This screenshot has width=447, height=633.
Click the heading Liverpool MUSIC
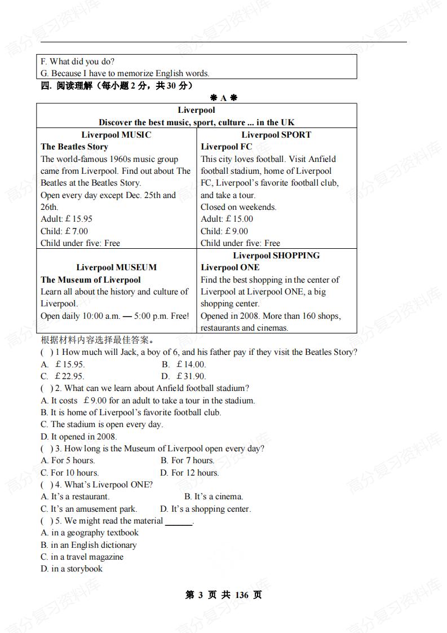pos(116,135)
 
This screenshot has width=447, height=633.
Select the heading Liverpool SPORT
pos(276,135)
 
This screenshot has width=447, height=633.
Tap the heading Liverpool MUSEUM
pos(116,267)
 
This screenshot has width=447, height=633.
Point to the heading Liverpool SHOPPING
pos(276,256)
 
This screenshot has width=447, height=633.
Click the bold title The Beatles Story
pos(74,147)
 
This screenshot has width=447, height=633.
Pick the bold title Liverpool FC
pos(227,147)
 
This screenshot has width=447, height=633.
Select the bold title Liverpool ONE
pos(230,267)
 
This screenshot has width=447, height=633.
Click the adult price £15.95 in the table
pos(79,219)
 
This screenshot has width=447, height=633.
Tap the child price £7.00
pos(77,231)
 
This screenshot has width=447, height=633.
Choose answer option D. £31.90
pos(184,376)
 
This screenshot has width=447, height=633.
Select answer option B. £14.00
pos(184,364)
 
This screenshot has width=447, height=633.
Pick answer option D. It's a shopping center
pos(205,509)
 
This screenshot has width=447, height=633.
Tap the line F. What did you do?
pos(77,61)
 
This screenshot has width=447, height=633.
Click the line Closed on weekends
pos(238,207)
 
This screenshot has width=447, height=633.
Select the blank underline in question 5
pos(178,522)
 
